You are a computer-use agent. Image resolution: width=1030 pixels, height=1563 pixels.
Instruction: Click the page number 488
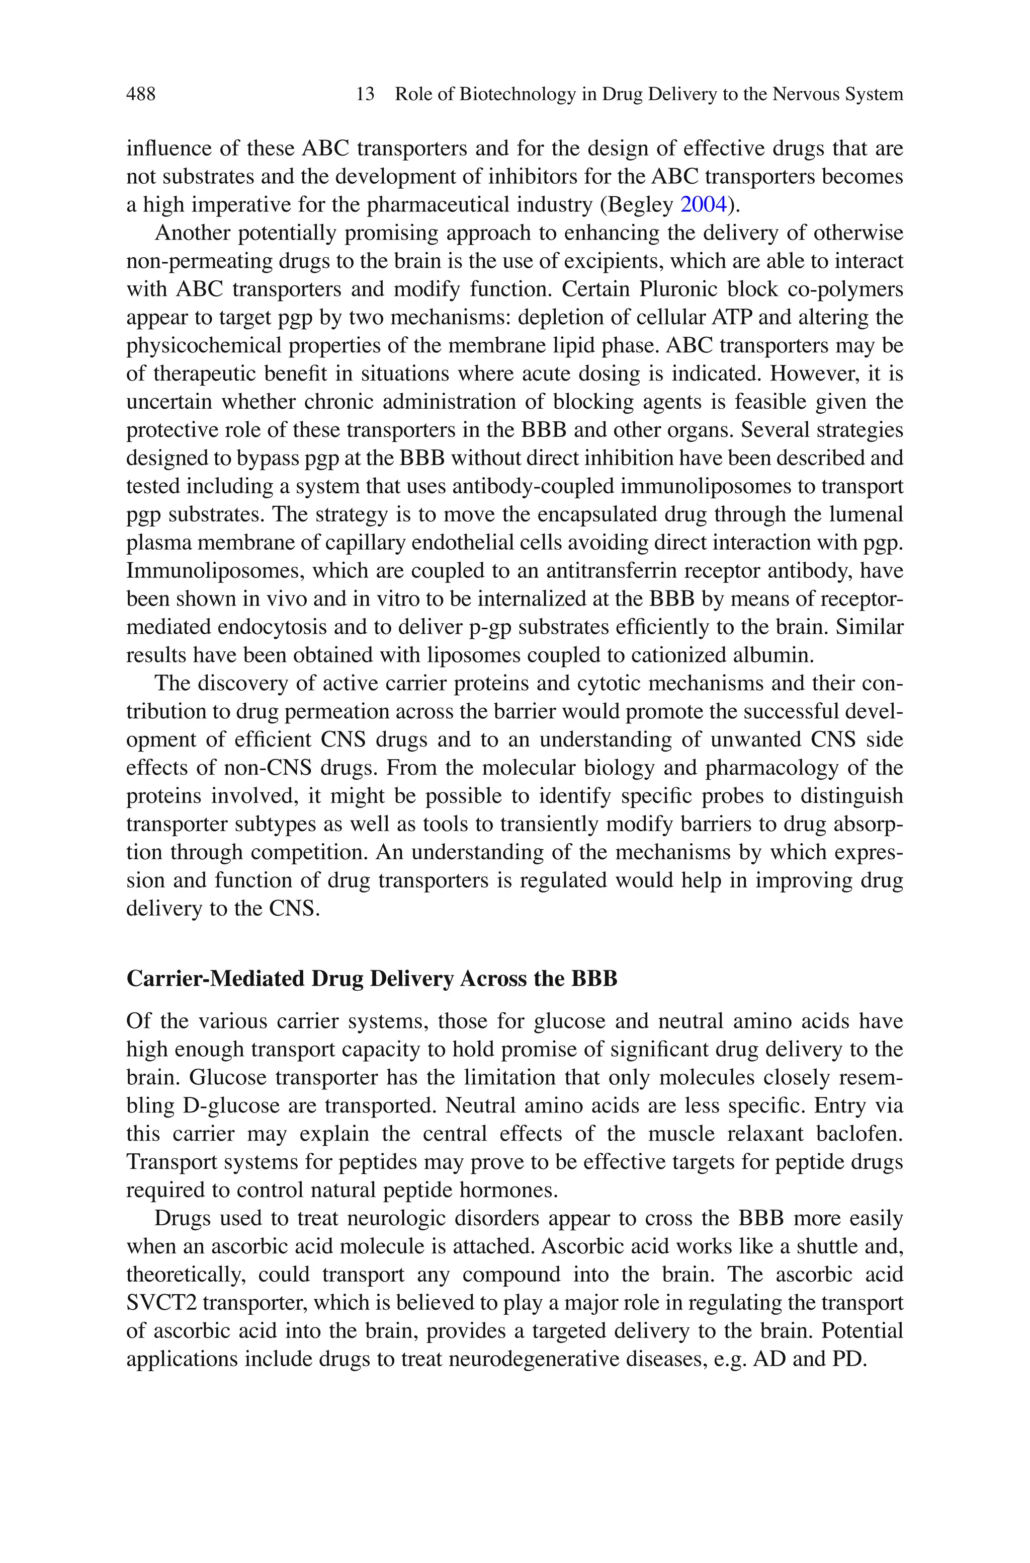point(141,94)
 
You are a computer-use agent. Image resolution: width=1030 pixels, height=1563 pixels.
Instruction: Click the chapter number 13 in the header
point(365,94)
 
